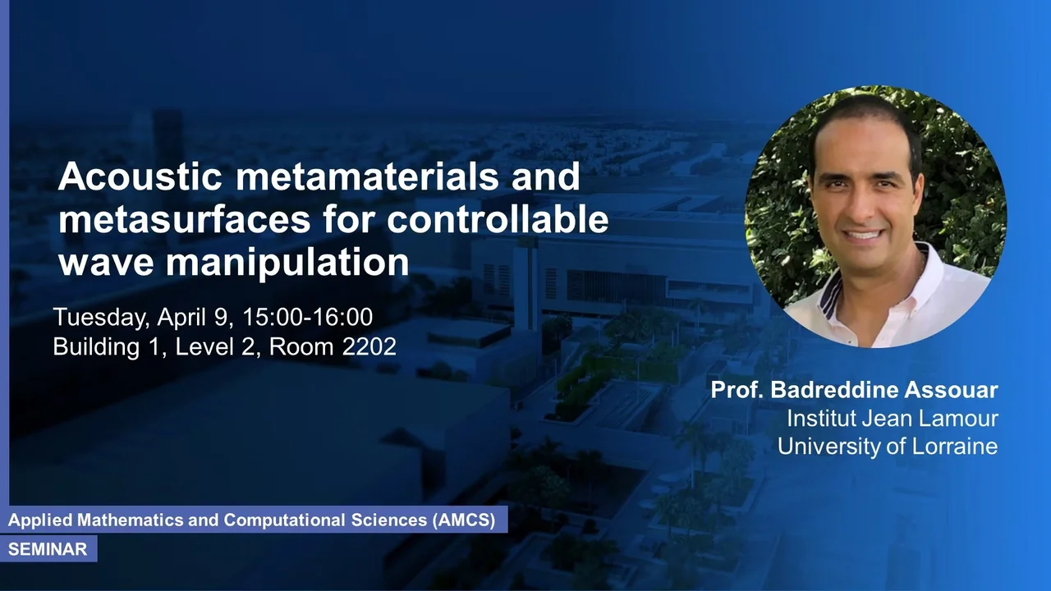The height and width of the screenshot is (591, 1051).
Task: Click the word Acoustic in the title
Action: (x=140, y=176)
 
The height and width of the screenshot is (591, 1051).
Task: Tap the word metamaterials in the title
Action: (x=367, y=176)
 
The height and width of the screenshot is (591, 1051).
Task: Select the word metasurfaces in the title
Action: (x=184, y=219)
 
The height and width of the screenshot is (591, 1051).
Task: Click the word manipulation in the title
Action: (x=287, y=263)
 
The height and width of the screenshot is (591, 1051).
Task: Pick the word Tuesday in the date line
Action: (x=101, y=318)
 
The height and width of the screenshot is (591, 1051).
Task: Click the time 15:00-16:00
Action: (x=307, y=317)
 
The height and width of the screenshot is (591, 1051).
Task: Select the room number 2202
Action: (x=369, y=346)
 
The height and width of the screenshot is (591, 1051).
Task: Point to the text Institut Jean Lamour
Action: (x=892, y=419)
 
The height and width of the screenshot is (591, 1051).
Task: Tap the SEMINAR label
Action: (x=48, y=549)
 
